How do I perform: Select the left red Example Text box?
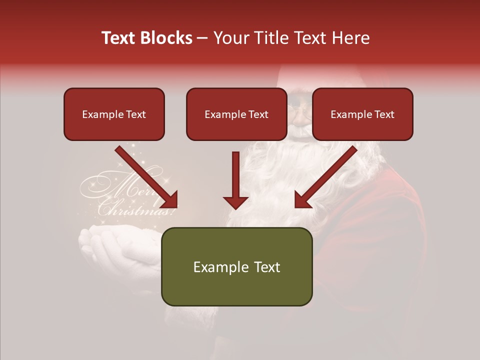[114, 114]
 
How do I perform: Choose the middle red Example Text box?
[236, 114]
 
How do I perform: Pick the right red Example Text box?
[362, 114]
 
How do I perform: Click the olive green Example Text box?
[236, 266]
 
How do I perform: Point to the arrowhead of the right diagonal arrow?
[303, 199]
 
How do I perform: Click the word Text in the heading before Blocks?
[118, 38]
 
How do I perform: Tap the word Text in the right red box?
[383, 114]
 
